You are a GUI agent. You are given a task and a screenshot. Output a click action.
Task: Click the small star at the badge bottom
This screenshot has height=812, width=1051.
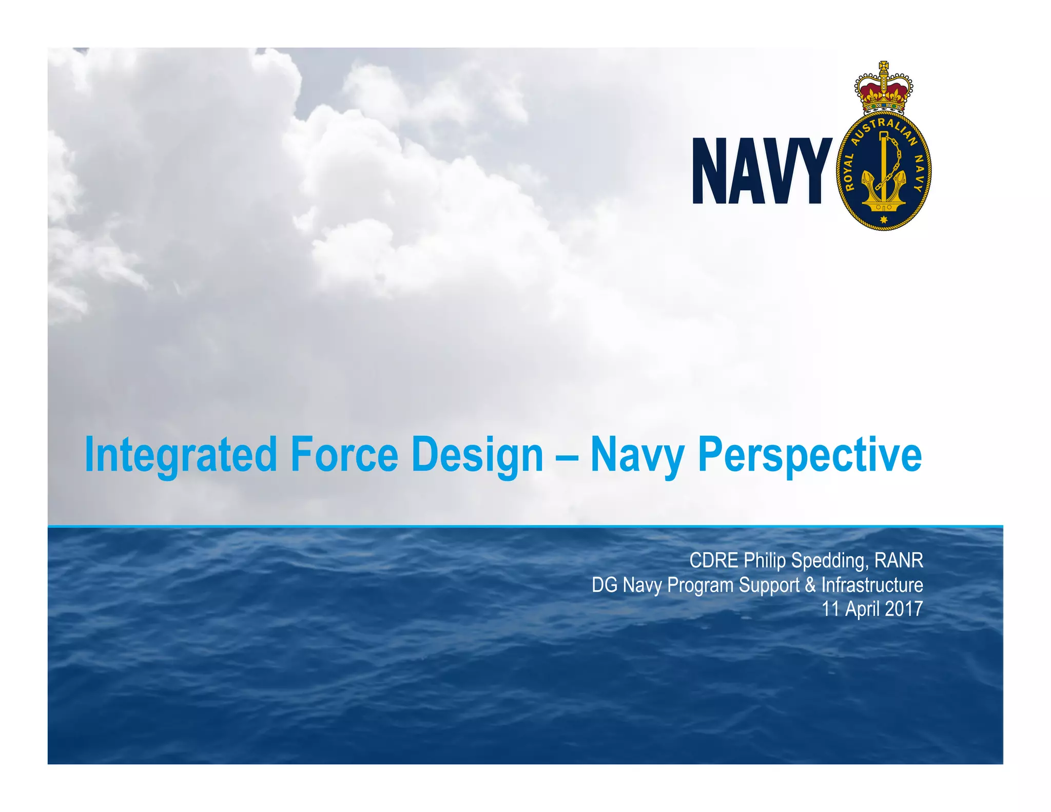(883, 220)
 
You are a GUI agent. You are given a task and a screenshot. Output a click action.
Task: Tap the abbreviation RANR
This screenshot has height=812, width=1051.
(899, 560)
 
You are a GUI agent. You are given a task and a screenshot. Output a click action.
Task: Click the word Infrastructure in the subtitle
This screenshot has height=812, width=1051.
(872, 585)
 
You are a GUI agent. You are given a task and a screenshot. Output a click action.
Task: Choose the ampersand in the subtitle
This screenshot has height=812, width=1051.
(810, 585)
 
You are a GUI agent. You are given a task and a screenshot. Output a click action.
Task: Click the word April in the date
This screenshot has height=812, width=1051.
(862, 609)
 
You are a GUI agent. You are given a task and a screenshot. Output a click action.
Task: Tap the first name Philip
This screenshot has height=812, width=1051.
(765, 560)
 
